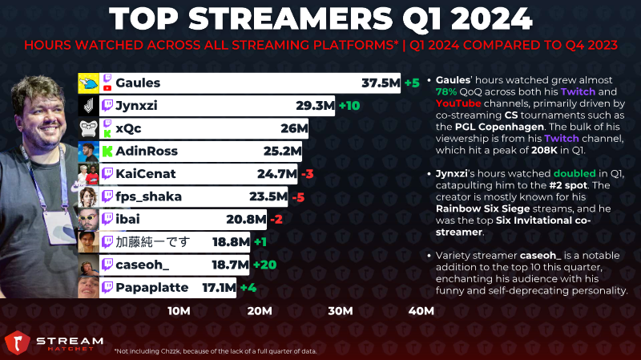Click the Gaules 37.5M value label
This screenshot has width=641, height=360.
381,83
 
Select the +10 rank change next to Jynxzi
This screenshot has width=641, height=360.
349,106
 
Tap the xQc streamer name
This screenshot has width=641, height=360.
128,128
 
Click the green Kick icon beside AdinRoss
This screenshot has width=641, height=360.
107,152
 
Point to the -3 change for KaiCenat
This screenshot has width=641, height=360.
307,174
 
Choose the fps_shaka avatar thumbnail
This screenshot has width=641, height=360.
88,196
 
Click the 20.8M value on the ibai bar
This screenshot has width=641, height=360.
246,220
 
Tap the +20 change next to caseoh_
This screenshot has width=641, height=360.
264,265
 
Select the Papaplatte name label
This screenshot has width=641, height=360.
151,288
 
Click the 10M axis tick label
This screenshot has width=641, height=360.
179,311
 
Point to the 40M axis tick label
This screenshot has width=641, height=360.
421,311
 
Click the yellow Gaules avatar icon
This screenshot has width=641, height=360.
88,83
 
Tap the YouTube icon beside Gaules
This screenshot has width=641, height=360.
107,88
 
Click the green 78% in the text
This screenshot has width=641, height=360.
446,91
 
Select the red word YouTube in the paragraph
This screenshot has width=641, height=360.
458,103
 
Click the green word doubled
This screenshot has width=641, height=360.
574,173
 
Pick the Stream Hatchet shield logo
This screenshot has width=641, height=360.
17,342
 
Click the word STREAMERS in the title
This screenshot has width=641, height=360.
291,18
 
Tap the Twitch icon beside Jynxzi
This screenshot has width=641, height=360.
107,106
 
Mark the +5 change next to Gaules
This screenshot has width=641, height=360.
412,83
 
